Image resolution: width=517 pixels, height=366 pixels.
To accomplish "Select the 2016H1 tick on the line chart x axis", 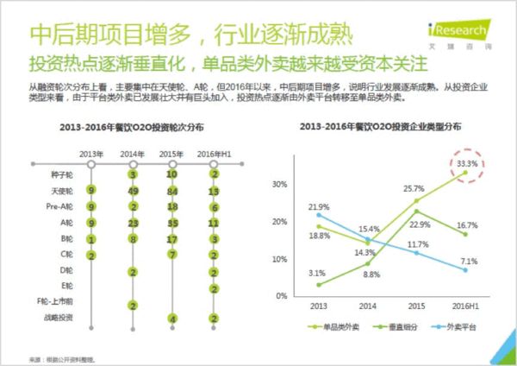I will pos(466,305).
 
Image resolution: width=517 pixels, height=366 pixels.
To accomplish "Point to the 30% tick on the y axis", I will pos(278,184).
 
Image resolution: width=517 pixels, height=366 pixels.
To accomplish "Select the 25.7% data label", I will pos(414,188).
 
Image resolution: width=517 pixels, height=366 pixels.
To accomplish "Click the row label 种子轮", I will pos(61,174).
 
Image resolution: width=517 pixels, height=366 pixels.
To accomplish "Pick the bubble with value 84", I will pos(173,191).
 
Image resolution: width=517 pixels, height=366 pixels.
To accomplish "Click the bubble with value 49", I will pos(133,191).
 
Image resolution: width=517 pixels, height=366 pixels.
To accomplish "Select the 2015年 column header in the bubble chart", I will pos(172,154).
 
